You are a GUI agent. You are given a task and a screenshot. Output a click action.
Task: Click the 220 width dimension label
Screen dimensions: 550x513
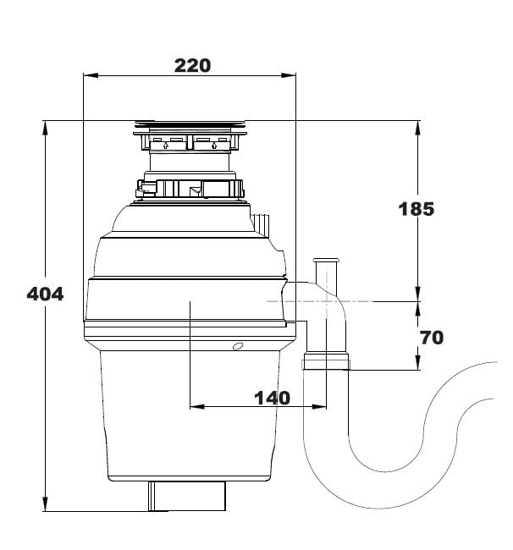[x=192, y=64]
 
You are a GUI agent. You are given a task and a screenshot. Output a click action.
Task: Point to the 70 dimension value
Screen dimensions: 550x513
[x=431, y=338]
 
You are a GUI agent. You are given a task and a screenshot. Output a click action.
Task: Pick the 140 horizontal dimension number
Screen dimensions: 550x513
[x=273, y=397]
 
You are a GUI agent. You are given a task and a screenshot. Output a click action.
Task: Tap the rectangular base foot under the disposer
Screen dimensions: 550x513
[x=188, y=495]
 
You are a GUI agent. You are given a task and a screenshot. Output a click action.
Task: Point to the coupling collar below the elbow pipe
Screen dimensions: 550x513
[x=325, y=364]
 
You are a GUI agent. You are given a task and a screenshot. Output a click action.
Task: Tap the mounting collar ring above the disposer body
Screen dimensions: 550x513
[x=190, y=188]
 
